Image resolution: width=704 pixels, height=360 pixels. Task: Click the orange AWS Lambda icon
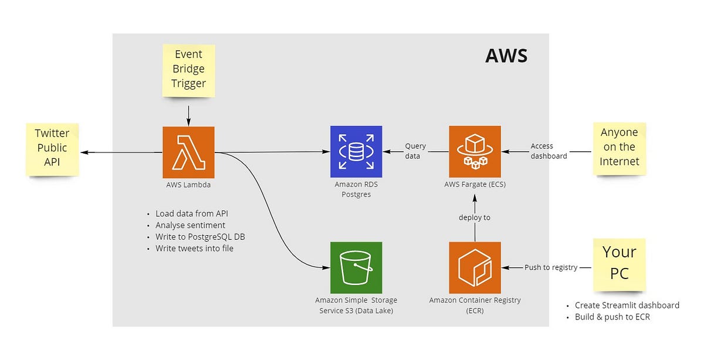[x=188, y=152]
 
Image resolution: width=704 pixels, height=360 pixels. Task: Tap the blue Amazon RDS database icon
[x=356, y=152]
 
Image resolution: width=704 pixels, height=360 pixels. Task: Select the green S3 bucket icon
[x=356, y=267]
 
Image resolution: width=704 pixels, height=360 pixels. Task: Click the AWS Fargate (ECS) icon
[x=475, y=152]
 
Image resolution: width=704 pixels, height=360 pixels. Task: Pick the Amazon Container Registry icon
[x=475, y=267]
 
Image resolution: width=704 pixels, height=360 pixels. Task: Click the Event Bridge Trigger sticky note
[x=188, y=69]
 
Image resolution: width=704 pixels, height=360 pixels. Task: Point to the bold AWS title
[x=506, y=56]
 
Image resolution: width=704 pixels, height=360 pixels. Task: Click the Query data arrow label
[x=415, y=151]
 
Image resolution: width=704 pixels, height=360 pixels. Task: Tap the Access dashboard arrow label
[x=549, y=151]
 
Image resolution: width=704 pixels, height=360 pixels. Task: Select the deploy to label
[x=474, y=218]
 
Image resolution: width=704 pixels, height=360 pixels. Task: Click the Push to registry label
[x=550, y=267]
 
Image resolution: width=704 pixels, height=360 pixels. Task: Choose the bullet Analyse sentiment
[x=190, y=225]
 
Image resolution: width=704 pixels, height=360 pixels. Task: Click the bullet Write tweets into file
[x=194, y=249]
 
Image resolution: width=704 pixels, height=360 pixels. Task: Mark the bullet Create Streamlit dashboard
[x=627, y=305]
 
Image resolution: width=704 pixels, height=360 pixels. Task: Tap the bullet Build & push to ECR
[x=612, y=317]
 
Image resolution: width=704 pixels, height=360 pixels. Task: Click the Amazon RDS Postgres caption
[x=356, y=189]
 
